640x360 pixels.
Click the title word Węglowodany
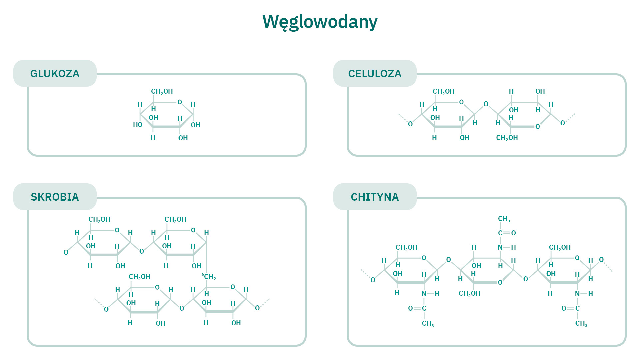(320, 22)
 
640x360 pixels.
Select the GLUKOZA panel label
(55, 74)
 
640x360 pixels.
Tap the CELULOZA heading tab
(375, 74)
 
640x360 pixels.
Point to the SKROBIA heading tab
(55, 197)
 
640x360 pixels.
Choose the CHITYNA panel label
(375, 197)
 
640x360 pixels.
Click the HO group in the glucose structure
(137, 125)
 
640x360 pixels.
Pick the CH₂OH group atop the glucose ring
(162, 91)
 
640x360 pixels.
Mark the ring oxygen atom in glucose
(180, 102)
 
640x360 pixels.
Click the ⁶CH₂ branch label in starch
(209, 277)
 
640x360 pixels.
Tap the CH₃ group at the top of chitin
(504, 219)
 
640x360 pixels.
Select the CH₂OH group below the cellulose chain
(507, 138)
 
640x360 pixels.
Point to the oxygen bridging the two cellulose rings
(486, 104)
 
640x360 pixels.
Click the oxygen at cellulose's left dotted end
(410, 124)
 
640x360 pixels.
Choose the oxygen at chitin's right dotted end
(601, 260)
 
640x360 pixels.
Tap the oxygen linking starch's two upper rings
(142, 251)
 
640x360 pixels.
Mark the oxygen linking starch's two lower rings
(182, 308)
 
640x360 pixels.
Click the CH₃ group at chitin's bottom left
(428, 323)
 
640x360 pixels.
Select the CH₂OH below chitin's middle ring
(469, 293)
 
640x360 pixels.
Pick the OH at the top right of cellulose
(540, 91)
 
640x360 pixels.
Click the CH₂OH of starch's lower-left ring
(139, 277)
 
